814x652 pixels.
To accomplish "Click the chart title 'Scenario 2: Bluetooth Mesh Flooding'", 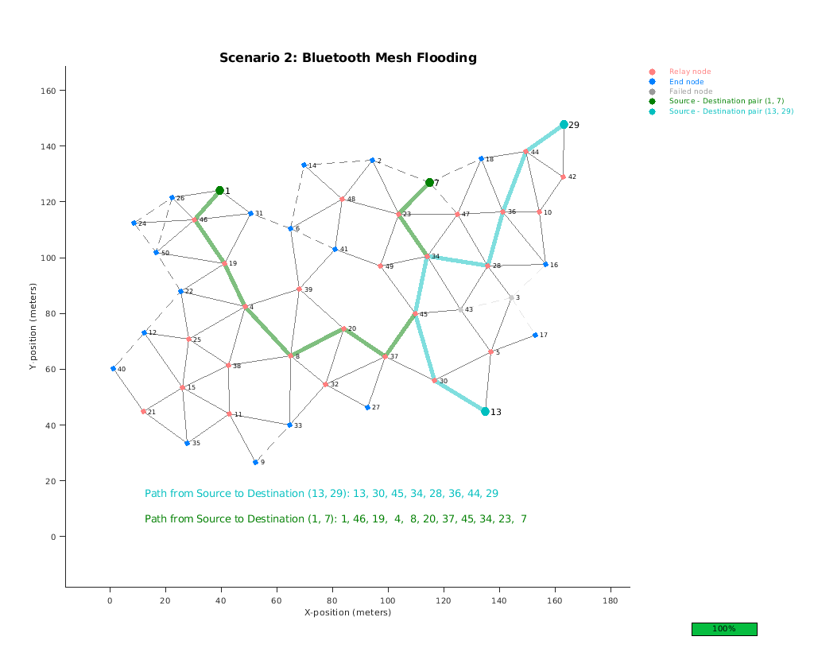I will click(348, 58).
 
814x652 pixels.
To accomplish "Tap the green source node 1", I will click(220, 191).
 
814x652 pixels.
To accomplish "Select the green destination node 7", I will click(429, 183).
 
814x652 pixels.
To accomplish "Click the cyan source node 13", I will click(485, 411).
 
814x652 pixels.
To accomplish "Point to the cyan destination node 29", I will click(564, 125).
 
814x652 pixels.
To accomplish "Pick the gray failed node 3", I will click(511, 297).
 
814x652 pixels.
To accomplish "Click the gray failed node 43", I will click(460, 309).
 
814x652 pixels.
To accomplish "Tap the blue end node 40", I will click(113, 369).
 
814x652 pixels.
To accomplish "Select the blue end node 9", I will click(256, 462).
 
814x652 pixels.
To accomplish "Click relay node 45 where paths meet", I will click(415, 314).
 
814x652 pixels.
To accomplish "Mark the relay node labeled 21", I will click(143, 411).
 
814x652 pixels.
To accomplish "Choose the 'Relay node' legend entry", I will click(690, 72).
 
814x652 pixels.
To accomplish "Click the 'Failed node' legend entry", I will click(690, 91).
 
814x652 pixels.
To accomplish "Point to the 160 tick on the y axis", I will click(51, 91).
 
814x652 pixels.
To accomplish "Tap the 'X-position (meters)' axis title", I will click(347, 612).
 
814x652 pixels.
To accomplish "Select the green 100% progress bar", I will click(723, 629).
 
